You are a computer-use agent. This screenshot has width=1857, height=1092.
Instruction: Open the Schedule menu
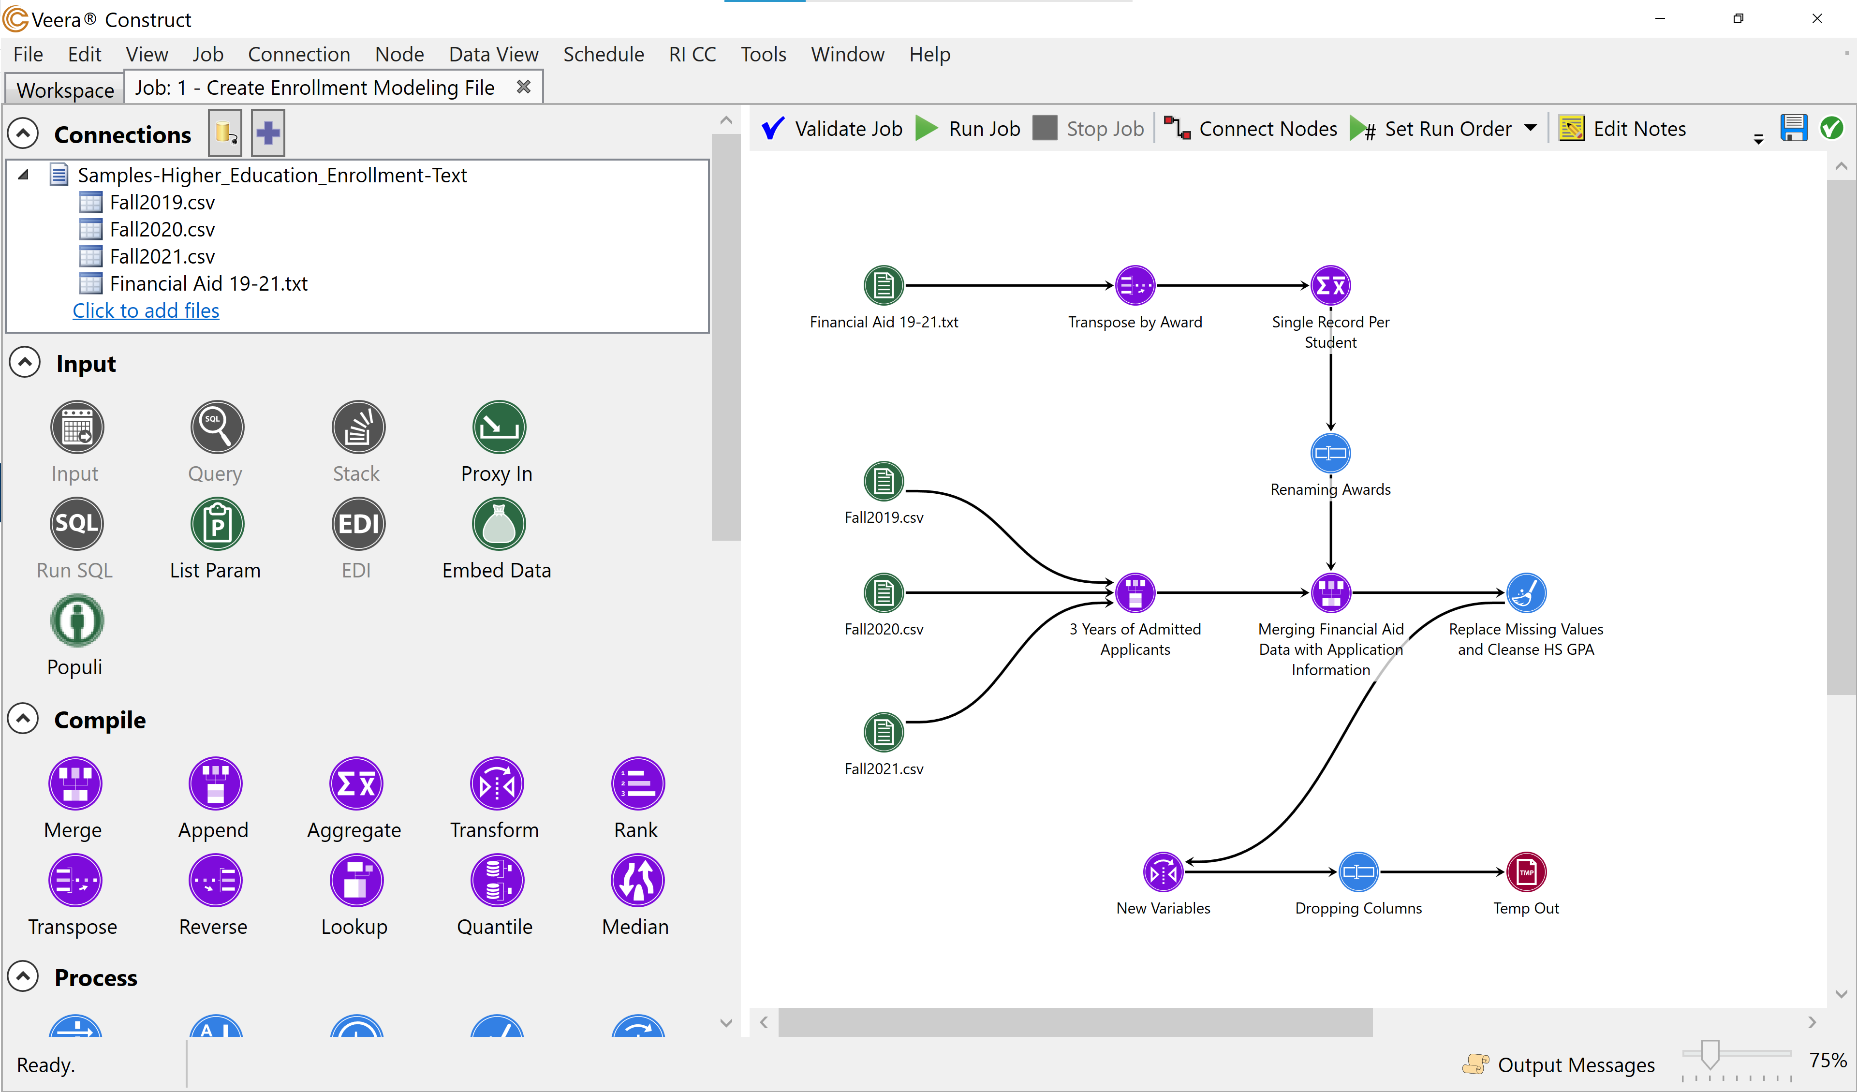pos(603,55)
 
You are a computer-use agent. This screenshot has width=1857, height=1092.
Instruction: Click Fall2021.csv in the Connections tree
pos(162,256)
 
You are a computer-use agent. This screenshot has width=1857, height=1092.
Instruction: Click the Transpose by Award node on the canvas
pos(1135,285)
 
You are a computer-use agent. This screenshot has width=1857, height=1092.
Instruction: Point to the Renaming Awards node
pos(1330,453)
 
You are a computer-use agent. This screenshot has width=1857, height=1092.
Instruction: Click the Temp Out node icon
pos(1525,872)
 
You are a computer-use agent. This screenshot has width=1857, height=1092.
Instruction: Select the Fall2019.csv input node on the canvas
pos(884,482)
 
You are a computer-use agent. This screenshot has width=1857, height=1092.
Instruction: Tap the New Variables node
pos(1163,872)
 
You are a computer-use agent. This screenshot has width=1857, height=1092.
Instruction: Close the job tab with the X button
pos(523,87)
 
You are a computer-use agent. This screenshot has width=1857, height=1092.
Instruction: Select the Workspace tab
pos(65,90)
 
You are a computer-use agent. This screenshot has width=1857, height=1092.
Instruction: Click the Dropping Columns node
pos(1358,872)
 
